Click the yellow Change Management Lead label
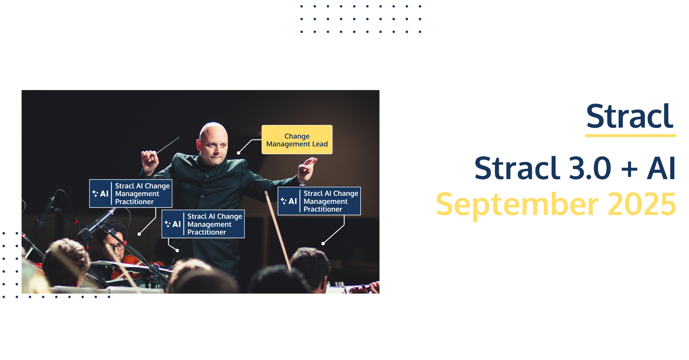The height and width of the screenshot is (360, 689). [297, 140]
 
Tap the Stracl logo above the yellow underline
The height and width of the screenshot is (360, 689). [630, 116]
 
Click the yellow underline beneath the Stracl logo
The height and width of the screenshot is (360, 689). [631, 136]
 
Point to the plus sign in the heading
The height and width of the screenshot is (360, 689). [629, 169]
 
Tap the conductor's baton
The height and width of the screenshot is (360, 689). [168, 145]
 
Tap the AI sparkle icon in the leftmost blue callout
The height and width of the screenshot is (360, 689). [95, 193]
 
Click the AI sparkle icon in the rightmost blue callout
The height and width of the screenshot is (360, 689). [284, 201]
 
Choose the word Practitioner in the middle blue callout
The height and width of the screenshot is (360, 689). [207, 232]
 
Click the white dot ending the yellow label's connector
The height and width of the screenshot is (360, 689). [239, 153]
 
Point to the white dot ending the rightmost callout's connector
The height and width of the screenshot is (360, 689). [323, 244]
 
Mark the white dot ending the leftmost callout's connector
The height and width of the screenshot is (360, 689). [139, 234]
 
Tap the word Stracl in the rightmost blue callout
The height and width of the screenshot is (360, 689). [313, 193]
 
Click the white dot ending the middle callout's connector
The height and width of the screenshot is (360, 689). [177, 251]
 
